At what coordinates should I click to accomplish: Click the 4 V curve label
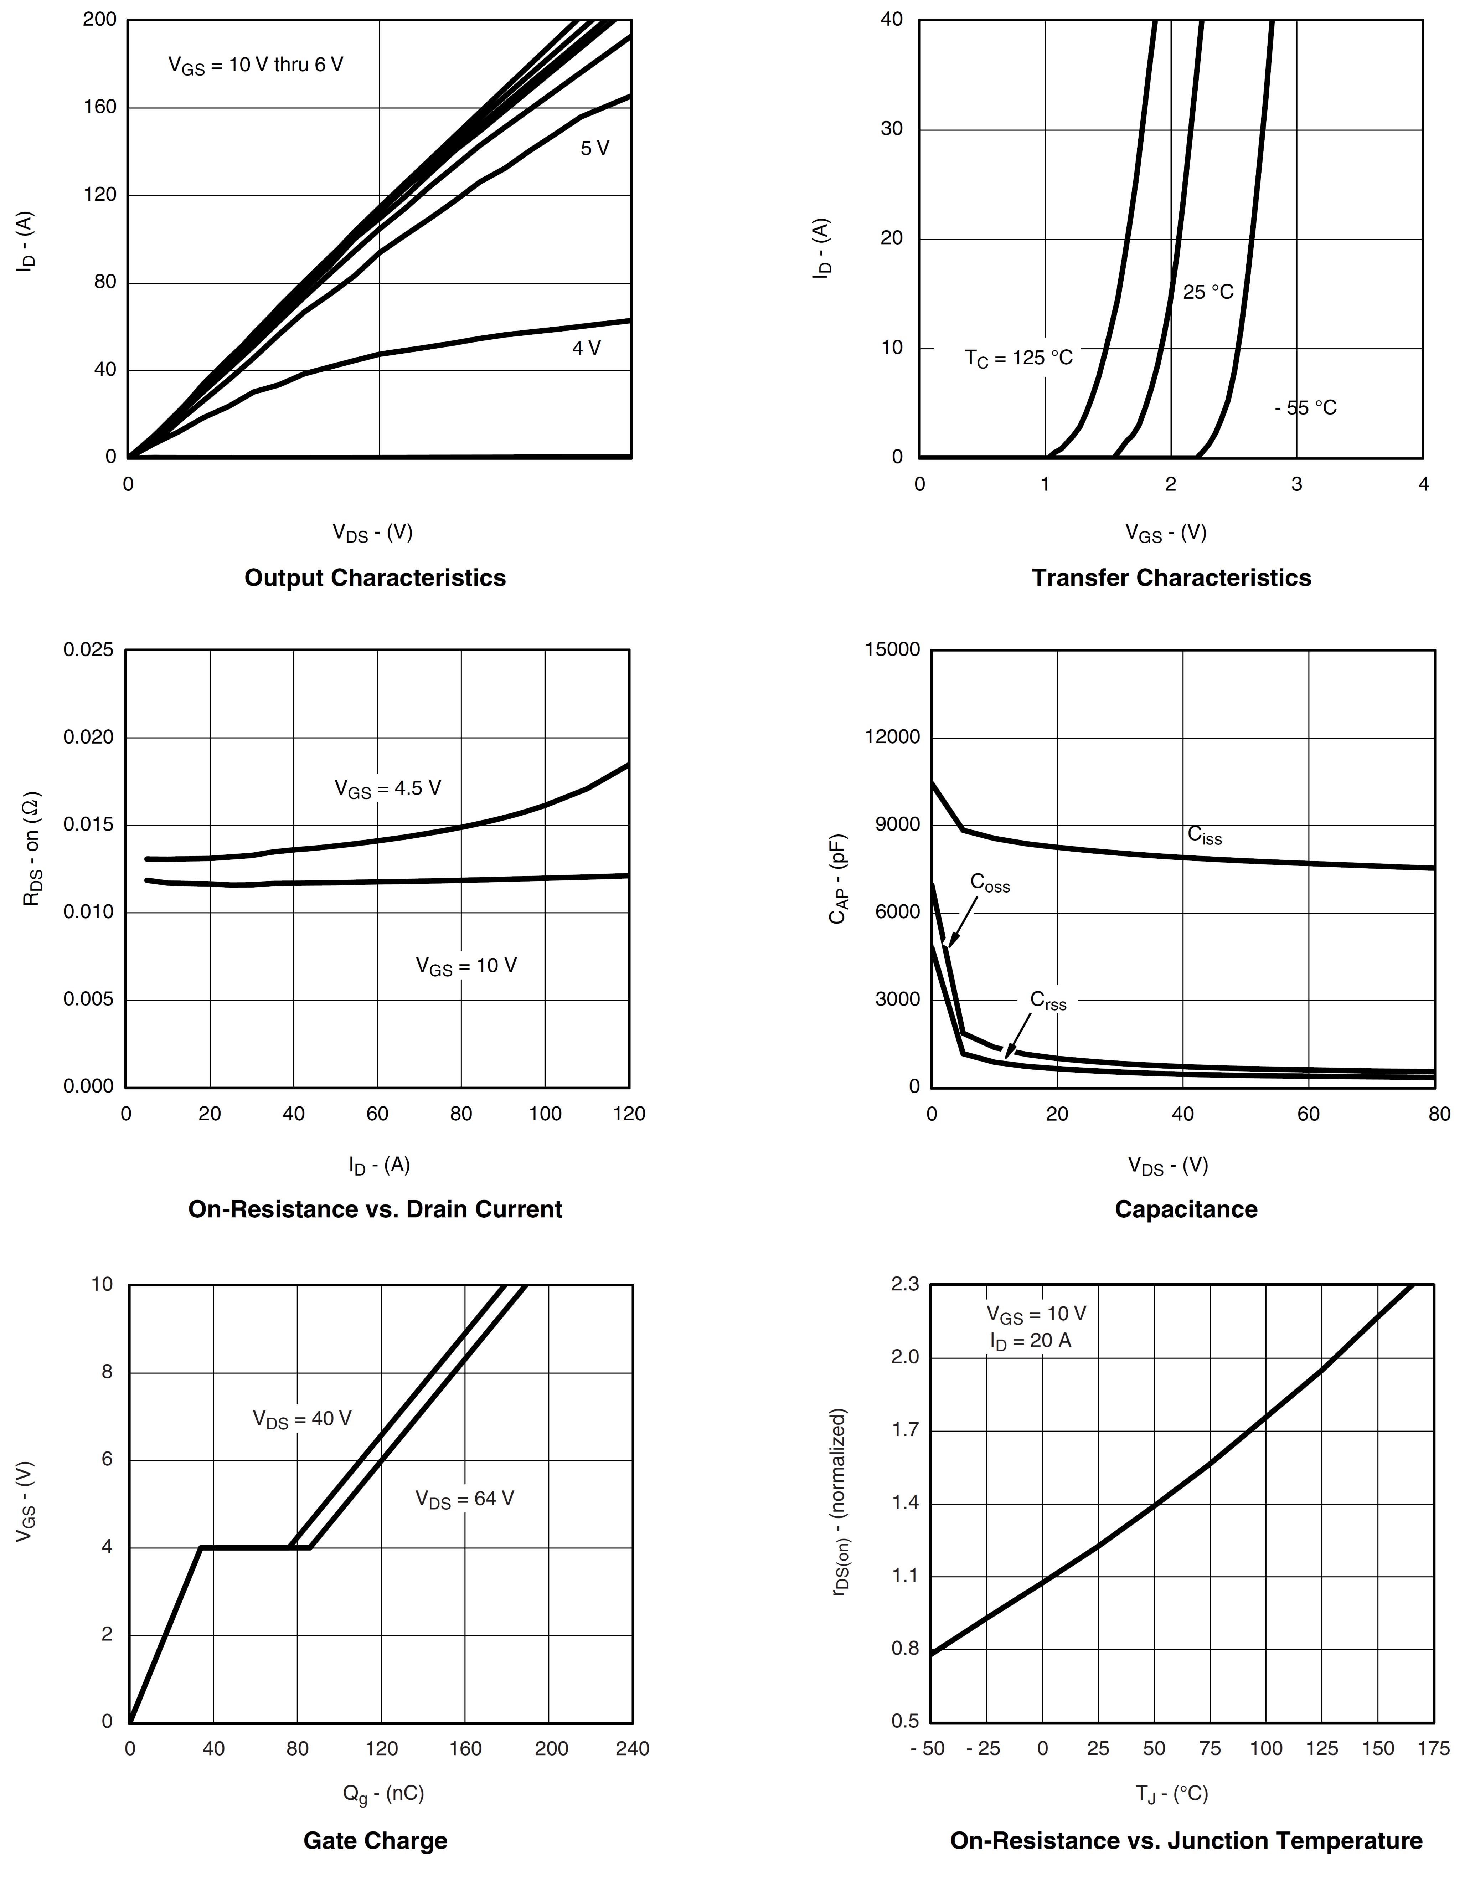click(586, 348)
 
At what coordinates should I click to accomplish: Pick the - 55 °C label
click(1305, 408)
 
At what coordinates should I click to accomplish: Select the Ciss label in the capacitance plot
click(1204, 836)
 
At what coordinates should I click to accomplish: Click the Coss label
click(989, 883)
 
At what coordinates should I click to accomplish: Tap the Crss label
click(1047, 1001)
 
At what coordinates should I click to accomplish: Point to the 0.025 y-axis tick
click(88, 650)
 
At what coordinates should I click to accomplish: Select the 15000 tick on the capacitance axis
click(892, 650)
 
